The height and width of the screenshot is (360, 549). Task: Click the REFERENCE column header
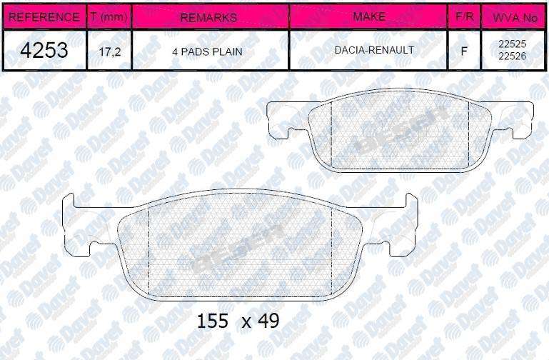coord(44,17)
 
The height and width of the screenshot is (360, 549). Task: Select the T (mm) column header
coord(109,17)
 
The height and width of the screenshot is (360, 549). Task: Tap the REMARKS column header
coord(208,18)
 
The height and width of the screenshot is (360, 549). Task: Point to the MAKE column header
coord(369,16)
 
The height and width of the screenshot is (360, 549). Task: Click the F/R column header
coord(465,16)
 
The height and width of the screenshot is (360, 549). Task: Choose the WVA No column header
coord(515,18)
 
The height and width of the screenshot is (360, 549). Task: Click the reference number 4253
coord(44,50)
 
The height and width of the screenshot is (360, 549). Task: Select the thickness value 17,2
coord(110,52)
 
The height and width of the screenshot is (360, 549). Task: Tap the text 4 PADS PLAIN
coord(207,52)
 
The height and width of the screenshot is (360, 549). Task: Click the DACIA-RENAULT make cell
coord(374,50)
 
